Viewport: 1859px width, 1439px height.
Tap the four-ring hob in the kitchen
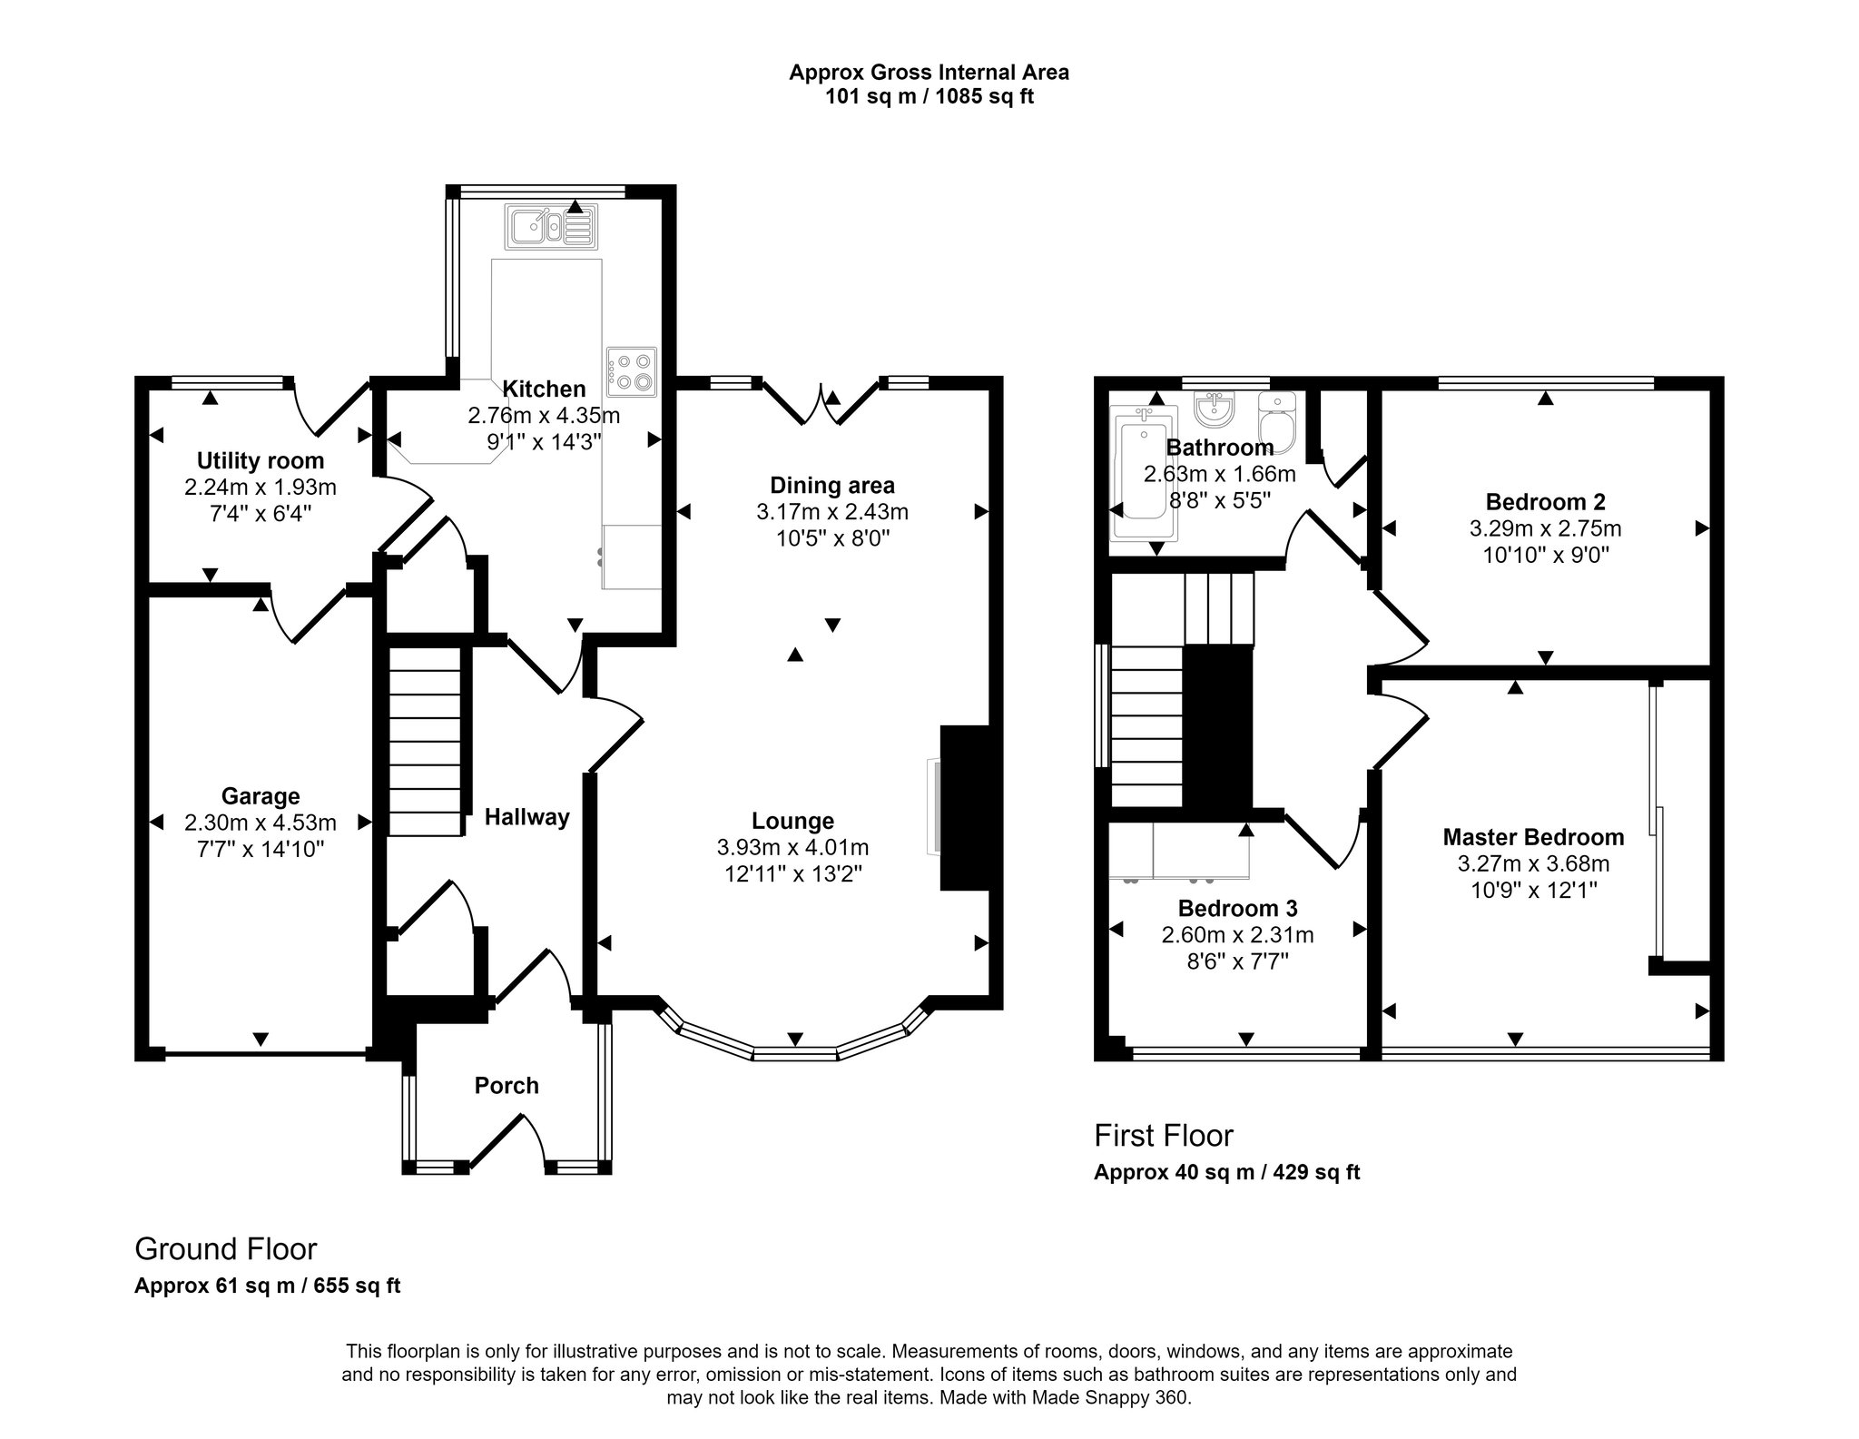(632, 371)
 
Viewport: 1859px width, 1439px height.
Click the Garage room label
(261, 796)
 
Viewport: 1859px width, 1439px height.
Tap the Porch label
(507, 1085)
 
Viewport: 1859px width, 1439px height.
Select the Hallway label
(526, 817)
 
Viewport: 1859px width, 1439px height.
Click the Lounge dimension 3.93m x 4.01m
(792, 847)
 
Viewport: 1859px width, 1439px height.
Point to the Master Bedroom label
(1533, 836)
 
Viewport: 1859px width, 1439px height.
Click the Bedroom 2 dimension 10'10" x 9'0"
(1545, 555)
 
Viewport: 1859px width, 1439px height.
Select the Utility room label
(261, 460)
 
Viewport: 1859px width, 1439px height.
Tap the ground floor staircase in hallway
(425, 740)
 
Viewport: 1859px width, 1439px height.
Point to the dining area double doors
(821, 406)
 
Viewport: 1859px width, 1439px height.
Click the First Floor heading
(1164, 1135)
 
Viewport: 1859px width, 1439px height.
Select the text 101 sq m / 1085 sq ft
(929, 96)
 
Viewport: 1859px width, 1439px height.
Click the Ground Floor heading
(226, 1248)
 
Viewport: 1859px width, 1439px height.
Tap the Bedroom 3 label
(1237, 908)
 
